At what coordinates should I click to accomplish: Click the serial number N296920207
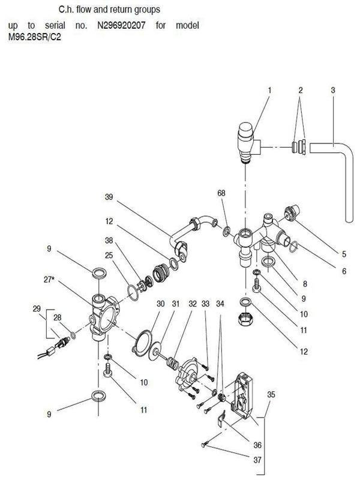pos(121,25)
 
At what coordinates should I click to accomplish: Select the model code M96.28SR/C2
pos(35,37)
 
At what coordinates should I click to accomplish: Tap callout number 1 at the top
pos(269,91)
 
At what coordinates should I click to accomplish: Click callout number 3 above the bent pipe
pos(333,91)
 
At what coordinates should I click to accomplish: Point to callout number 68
pos(221,193)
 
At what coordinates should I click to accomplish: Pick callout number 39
pos(109,197)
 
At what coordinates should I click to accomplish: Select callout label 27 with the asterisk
pos(49,280)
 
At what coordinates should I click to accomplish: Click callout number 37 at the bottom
pos(257,460)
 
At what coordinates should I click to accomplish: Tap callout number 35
pos(271,395)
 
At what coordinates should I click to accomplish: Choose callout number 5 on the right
pos(344,254)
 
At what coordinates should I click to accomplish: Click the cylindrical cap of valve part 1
pos(245,130)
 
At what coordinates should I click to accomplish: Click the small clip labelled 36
pos(221,418)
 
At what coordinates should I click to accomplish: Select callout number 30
pos(160,304)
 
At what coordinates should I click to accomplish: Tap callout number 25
pos(109,256)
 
